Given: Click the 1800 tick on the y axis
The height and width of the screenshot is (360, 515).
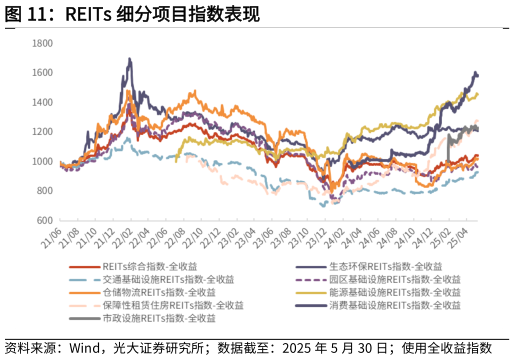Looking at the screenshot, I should pyautogui.click(x=42, y=44).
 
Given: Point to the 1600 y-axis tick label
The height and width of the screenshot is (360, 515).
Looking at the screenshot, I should pyautogui.click(x=42, y=73).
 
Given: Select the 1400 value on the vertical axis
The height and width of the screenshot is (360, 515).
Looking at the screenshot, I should pyautogui.click(x=42, y=103).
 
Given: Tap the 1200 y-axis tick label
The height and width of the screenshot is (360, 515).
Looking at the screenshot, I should pyautogui.click(x=42, y=132).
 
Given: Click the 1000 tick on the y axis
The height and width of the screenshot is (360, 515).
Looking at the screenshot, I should pyautogui.click(x=42, y=161).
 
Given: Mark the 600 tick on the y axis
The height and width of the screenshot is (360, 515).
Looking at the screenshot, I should pyautogui.click(x=44, y=220).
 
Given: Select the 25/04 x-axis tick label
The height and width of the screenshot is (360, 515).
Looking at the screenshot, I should pyautogui.click(x=457, y=240).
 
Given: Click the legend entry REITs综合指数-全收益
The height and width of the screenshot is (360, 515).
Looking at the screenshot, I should pyautogui.click(x=149, y=267).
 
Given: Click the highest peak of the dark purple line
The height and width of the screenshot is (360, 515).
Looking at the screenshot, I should pyautogui.click(x=130, y=59).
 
